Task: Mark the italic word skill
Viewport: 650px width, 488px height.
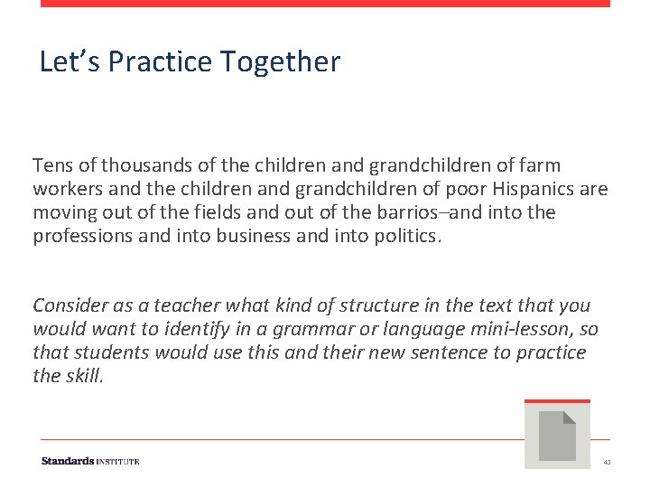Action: (x=84, y=377)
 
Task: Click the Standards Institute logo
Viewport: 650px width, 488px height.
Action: (x=90, y=461)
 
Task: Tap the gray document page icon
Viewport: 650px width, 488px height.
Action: (x=557, y=436)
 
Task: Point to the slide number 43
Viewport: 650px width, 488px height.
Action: (x=607, y=462)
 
